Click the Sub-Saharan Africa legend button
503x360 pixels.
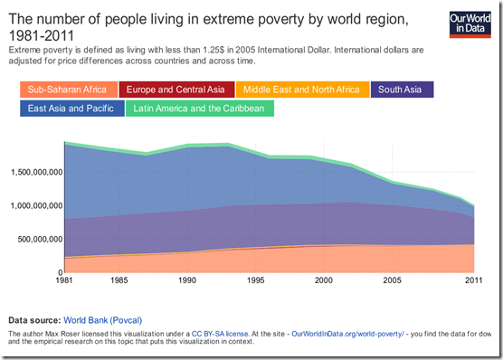pos(68,90)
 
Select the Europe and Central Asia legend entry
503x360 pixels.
pos(175,90)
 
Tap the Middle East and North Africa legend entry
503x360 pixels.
pos(301,90)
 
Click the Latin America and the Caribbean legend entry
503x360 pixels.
pos(204,109)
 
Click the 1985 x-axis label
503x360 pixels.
pos(119,281)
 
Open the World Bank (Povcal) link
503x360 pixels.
pos(102,320)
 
